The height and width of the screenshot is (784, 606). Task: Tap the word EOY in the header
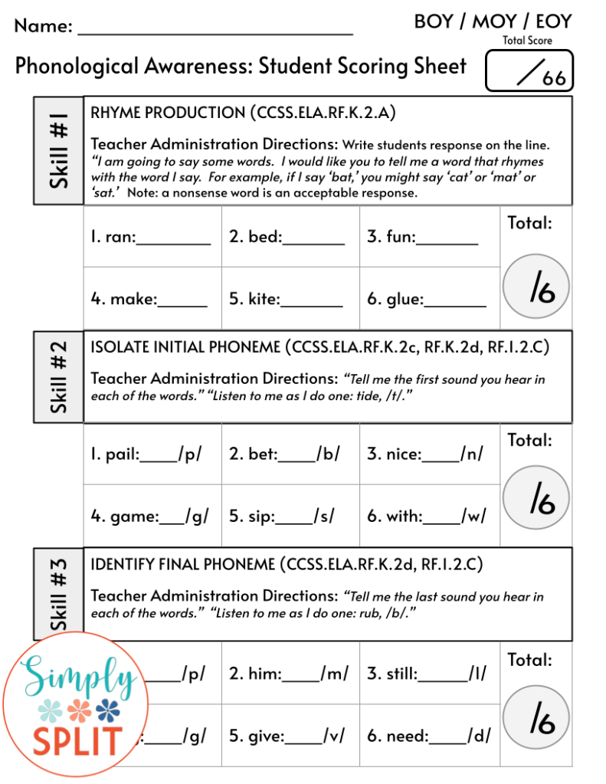click(553, 21)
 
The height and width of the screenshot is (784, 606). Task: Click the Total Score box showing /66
click(529, 71)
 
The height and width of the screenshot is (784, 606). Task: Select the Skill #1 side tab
click(59, 150)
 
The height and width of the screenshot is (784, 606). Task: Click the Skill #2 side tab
click(59, 376)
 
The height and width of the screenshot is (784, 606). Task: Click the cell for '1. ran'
click(152, 237)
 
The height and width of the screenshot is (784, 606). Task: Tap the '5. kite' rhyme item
click(290, 299)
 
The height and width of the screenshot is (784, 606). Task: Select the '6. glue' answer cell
click(428, 299)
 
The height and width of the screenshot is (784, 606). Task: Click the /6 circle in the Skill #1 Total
click(536, 287)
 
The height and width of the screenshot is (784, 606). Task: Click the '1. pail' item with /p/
click(152, 454)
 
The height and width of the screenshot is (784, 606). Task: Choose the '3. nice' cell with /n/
click(428, 454)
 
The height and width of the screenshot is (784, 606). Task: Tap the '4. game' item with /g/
click(152, 516)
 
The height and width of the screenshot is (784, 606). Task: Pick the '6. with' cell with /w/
click(428, 516)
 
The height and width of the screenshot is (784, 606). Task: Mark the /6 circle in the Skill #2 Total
click(536, 498)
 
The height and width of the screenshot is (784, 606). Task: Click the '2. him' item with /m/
click(290, 674)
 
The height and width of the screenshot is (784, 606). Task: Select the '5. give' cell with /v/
click(290, 736)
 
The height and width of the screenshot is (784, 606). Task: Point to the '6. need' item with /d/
click(428, 736)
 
